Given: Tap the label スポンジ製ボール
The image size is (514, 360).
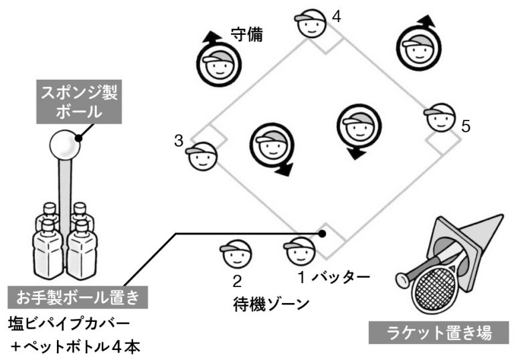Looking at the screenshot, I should pos(79,102).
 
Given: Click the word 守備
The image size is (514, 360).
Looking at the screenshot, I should pos(246,35).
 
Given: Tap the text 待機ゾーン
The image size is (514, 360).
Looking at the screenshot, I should pos(272,304).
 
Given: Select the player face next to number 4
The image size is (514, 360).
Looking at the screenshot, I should pos(310,25).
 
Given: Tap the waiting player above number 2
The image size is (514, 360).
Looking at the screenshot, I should pos(236,254).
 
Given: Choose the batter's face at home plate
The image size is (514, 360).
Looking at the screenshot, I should pos(299,252).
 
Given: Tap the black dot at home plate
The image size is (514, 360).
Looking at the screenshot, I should pos(323,234).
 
